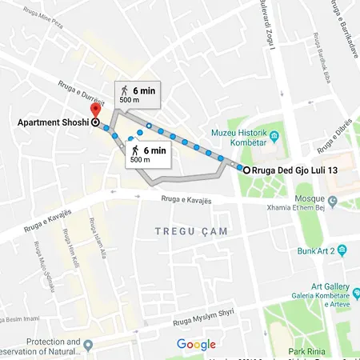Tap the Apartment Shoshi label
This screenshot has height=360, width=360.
(x=52, y=123)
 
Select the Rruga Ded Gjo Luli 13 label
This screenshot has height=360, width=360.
(x=294, y=170)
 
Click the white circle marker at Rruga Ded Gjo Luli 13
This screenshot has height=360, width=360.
(x=245, y=170)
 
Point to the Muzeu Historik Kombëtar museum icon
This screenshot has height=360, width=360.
(x=274, y=137)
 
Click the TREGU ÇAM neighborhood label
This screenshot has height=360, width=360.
(x=191, y=231)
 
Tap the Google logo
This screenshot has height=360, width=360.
(x=197, y=345)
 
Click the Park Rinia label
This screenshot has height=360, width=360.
(x=327, y=350)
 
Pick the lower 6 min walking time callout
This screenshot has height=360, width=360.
(x=148, y=154)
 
